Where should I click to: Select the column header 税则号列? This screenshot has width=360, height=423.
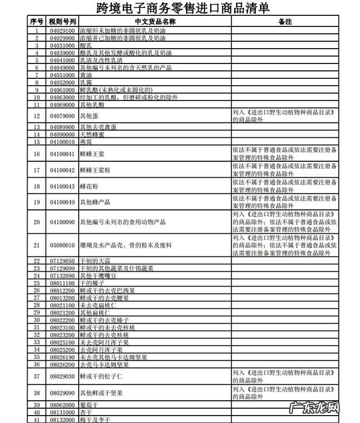62,22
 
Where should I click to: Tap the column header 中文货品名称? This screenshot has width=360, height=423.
155,22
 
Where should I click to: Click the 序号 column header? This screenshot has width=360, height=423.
36,22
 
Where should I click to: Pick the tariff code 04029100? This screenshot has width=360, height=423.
62,31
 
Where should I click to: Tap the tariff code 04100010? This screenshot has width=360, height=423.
62,142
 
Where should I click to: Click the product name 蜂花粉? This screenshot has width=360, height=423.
89,187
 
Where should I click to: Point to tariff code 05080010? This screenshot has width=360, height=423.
62,245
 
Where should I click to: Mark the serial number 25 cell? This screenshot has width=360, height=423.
36,283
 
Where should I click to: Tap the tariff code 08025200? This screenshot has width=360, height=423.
62,350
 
